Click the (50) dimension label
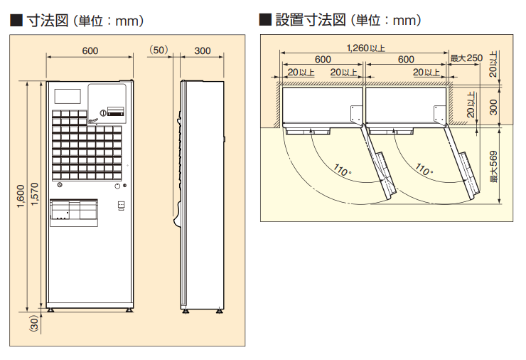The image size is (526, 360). pyautogui.click(x=159, y=51)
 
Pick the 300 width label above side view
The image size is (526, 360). pyautogui.click(x=203, y=51)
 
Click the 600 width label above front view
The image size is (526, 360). pyautogui.click(x=90, y=51)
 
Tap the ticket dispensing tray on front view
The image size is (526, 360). pyautogui.click(x=73, y=212)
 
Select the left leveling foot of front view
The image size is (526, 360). pyautogui.click(x=52, y=311)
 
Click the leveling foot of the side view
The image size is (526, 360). pyautogui.click(x=185, y=312)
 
